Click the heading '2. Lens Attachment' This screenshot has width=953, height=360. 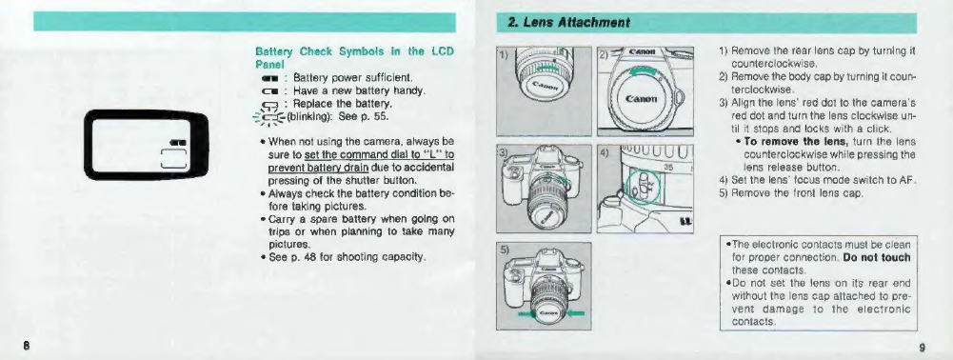coord(561,23)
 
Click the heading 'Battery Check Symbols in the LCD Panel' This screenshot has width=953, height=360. coord(355,57)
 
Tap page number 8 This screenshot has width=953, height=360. coord(27,347)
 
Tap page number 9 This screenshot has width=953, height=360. coord(922,348)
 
